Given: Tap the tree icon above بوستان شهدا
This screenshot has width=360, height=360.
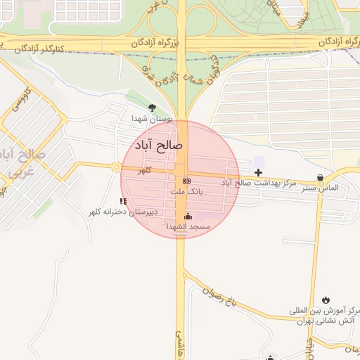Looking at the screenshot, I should click(x=152, y=108).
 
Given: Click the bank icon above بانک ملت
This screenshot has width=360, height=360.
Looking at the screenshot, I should click(x=186, y=181).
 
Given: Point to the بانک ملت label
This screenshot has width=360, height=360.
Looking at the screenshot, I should click(x=186, y=191).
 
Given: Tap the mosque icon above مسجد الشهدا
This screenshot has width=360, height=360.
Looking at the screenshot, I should click(x=188, y=217).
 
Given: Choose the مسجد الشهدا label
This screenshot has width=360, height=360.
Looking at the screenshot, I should click(x=188, y=226).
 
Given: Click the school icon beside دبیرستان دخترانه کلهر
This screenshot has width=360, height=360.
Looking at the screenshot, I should click(x=124, y=201).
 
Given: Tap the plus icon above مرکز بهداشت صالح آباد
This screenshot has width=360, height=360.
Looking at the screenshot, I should click(x=259, y=172).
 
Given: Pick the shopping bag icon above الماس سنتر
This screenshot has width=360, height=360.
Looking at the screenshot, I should click(x=321, y=178).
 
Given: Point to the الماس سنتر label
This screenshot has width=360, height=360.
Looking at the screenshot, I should click(x=321, y=188).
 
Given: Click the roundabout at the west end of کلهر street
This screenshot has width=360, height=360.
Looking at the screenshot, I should click(x=115, y=167).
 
